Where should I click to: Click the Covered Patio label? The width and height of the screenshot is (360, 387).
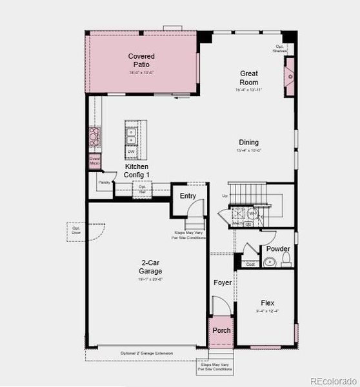point(141,61)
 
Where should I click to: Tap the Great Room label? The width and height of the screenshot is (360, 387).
point(249,78)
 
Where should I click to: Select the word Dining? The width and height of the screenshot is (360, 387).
point(248,143)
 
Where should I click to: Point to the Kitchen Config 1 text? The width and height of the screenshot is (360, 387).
point(137,170)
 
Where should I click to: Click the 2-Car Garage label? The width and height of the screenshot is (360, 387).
point(150,267)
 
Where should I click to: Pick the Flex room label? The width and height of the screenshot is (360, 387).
point(268,303)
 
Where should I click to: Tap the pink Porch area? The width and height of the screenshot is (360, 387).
point(221,330)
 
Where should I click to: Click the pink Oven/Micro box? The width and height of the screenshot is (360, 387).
point(94,162)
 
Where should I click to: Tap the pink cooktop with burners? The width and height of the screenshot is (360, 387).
point(94,137)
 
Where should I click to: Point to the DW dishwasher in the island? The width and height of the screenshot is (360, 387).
point(131,152)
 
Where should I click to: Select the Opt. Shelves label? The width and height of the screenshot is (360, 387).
point(279,49)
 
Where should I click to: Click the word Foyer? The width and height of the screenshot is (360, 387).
point(223,283)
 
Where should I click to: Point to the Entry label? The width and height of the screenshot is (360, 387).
point(188,196)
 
